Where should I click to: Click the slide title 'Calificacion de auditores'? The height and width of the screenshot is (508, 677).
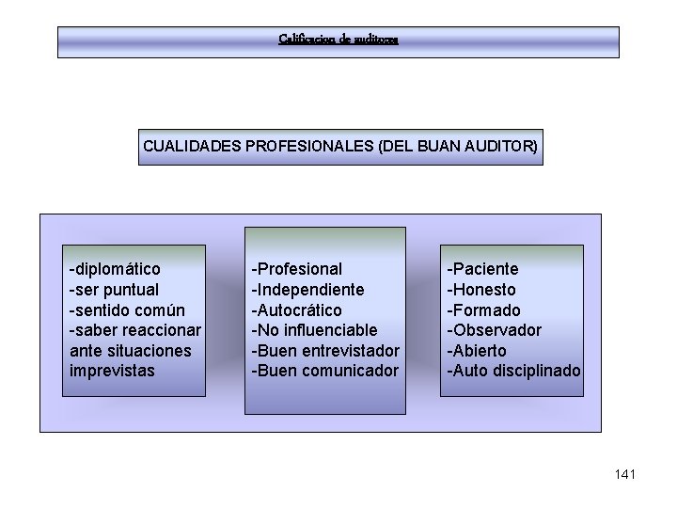coord(338,40)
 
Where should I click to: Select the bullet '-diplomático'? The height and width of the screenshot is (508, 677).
coord(114,269)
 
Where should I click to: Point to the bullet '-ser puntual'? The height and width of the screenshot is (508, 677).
coord(114,290)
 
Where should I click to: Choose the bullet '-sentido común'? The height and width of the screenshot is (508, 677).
coord(126,310)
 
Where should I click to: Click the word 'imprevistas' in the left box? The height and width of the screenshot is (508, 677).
coord(112,371)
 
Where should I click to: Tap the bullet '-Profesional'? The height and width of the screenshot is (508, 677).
coord(296,269)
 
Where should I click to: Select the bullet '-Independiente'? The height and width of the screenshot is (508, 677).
coord(307,290)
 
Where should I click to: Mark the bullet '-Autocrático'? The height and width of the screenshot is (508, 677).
coord(296,310)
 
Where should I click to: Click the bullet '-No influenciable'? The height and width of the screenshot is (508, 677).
coord(314,330)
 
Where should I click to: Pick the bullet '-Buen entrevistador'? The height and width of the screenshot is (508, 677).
coord(324,350)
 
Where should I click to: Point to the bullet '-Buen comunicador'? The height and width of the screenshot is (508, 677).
coord(324,371)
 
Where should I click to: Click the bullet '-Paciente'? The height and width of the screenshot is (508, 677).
coord(481,269)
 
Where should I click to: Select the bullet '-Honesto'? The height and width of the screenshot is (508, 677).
coord(480,290)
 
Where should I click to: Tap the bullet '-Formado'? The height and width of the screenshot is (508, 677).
coord(482,310)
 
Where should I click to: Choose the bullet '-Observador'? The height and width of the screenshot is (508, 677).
coord(494,330)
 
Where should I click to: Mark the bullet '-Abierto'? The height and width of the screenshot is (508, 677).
coord(476,350)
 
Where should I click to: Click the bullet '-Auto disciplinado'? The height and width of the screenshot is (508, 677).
coord(513,371)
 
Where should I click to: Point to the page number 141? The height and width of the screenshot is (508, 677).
coord(624,474)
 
